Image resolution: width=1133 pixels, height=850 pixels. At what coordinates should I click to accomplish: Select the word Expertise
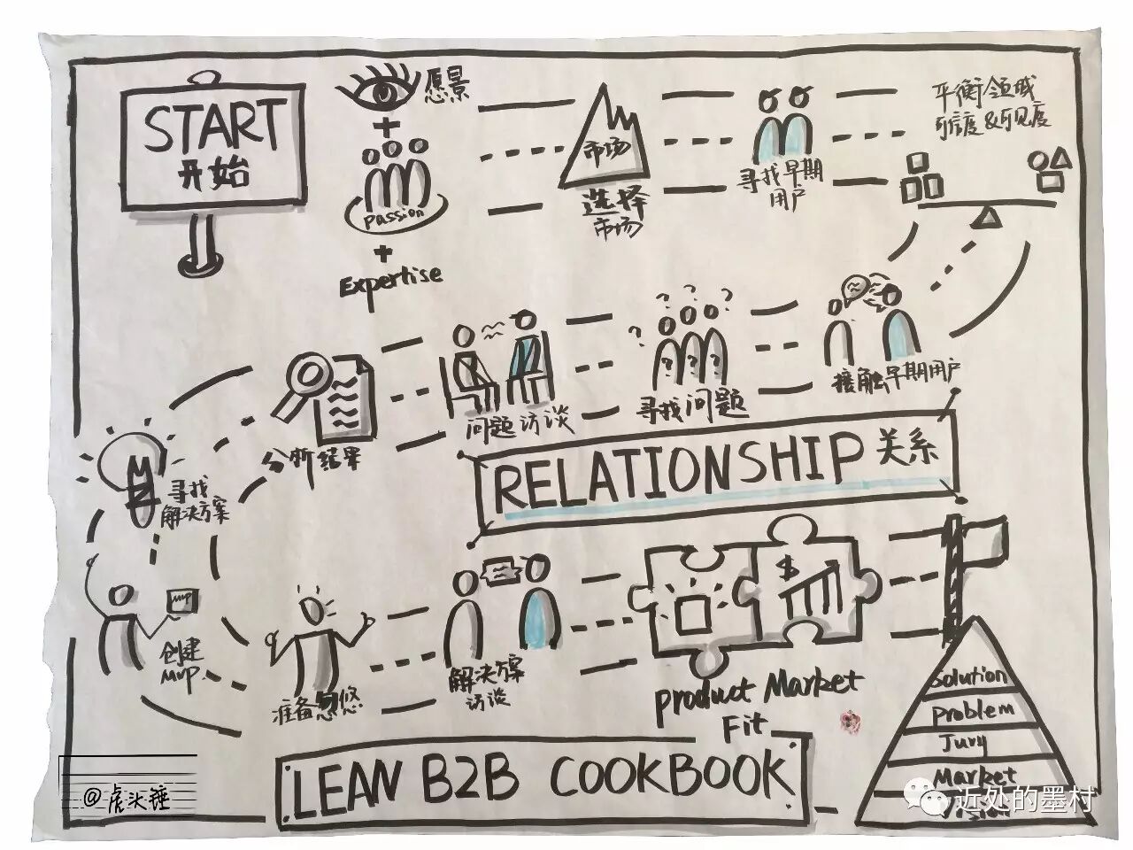393,276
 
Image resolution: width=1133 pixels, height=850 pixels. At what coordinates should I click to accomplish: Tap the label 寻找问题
695,406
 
